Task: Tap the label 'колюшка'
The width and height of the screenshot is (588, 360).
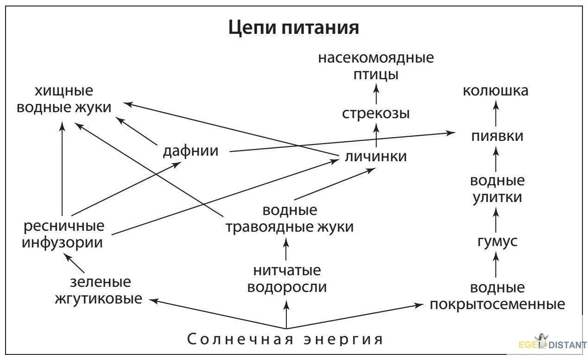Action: point(495,90)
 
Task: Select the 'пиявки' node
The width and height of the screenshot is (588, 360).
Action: point(497,136)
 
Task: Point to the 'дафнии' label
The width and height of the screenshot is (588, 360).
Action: point(190,151)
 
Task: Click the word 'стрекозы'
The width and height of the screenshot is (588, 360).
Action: point(376,113)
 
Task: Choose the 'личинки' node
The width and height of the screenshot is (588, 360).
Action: point(376,156)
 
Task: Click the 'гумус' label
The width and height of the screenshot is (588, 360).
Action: point(497,241)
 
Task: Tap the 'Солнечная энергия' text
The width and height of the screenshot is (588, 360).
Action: point(286,340)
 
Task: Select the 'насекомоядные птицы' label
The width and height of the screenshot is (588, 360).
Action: point(376,66)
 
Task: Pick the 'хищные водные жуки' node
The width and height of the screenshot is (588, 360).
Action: point(64,99)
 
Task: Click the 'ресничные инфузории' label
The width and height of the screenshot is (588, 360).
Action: point(63,234)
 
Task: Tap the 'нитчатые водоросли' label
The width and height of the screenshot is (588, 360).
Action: point(287,278)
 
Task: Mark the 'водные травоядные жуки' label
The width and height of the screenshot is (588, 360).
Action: point(290,219)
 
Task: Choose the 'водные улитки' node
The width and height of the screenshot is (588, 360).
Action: point(497,189)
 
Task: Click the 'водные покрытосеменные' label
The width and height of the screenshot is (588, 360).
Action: point(497,296)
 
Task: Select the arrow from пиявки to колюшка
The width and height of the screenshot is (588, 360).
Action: point(496,114)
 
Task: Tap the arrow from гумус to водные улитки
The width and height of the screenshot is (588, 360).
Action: point(496,220)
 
